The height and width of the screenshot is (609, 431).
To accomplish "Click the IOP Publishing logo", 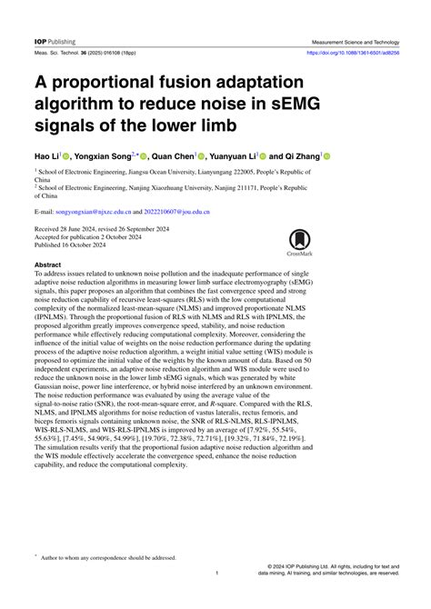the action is click(55, 42).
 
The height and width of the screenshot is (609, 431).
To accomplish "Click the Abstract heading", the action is click(49, 264).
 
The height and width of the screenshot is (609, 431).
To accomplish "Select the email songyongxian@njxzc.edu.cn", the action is click(99, 210).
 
